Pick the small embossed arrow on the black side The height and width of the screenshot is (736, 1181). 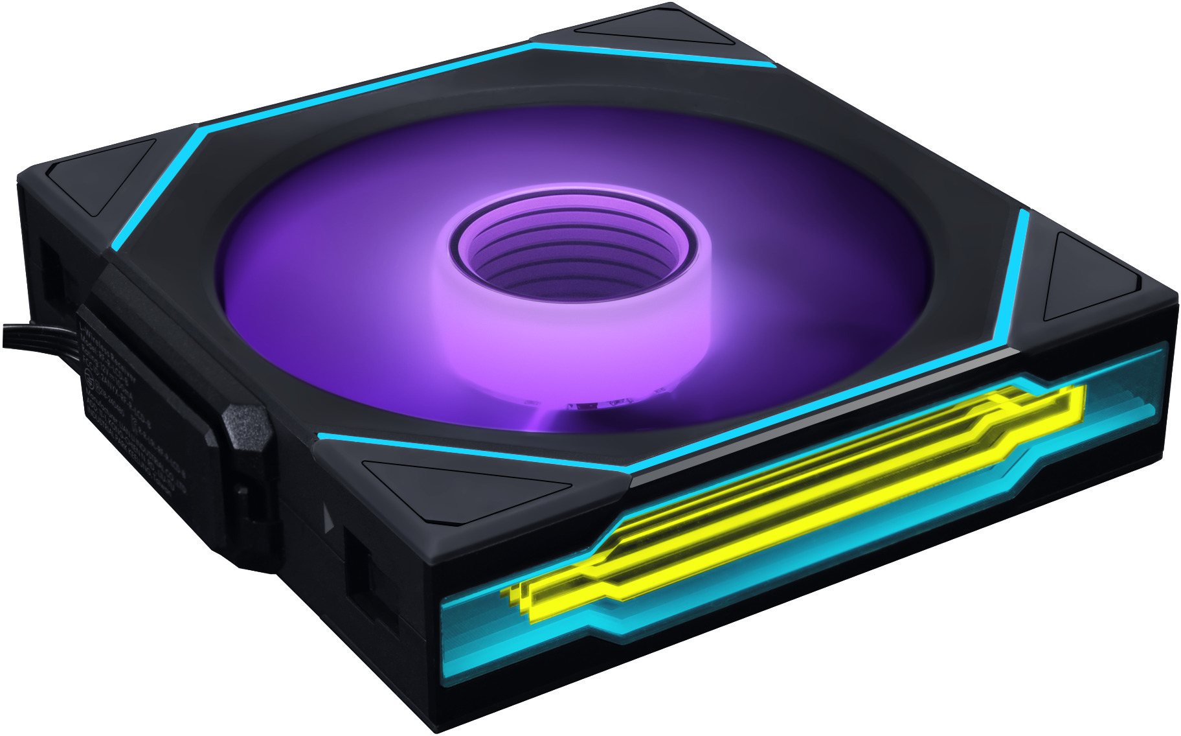[x=327, y=519]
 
